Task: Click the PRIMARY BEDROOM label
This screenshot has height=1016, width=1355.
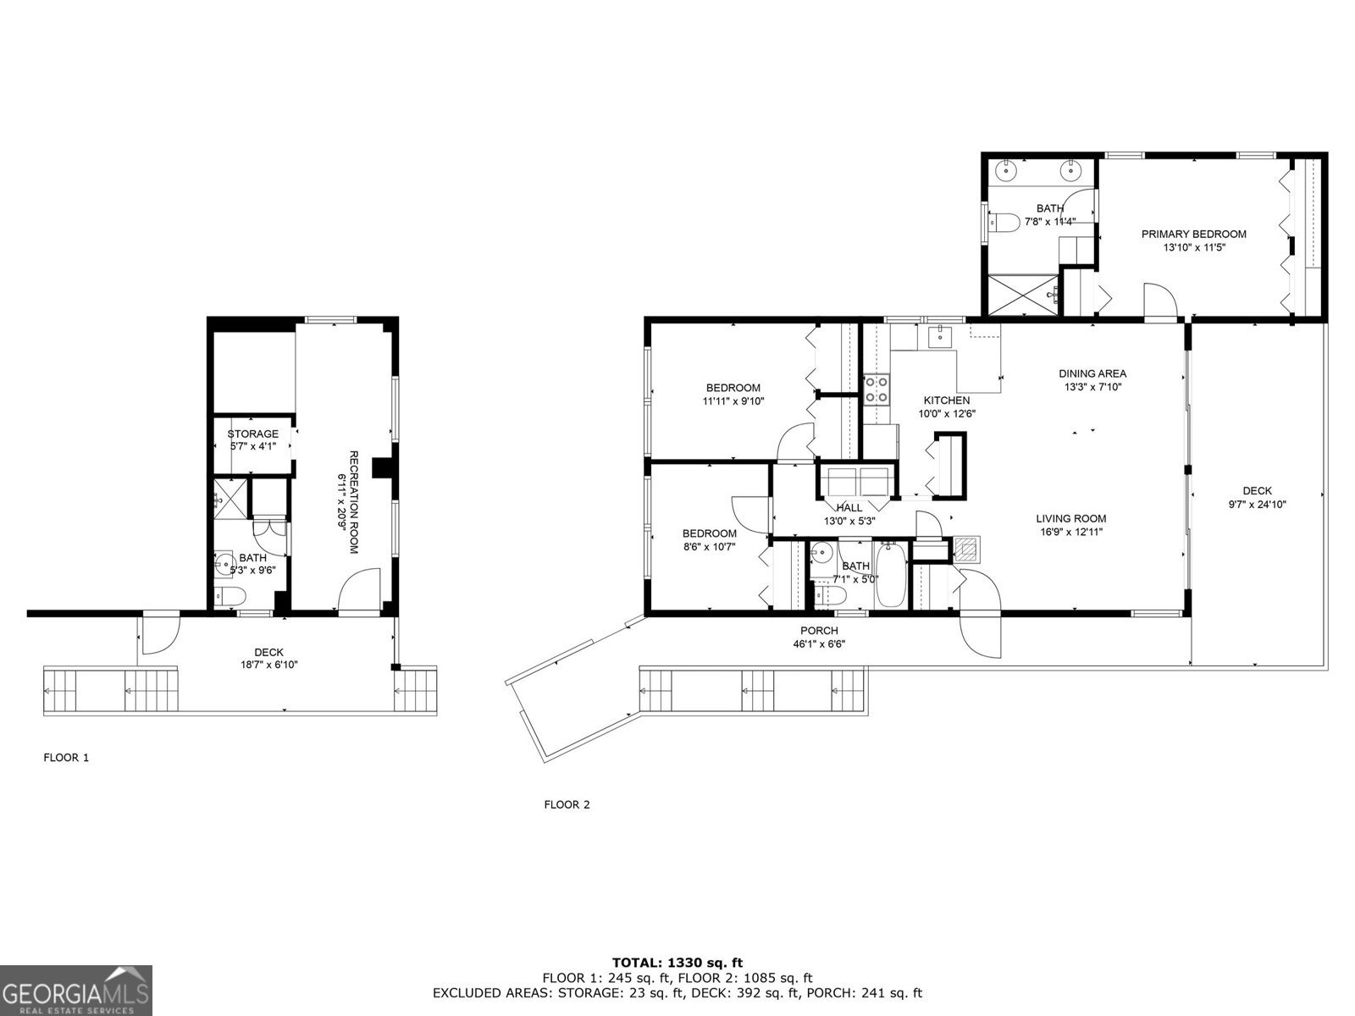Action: point(1193,235)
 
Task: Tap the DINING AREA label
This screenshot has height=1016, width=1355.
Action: point(1092,374)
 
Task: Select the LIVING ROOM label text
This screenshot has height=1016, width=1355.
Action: point(1071,519)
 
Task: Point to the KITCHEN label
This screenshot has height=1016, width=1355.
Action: point(946,400)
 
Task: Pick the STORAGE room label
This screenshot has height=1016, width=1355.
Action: point(252,433)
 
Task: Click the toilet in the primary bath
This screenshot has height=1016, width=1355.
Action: point(1004,222)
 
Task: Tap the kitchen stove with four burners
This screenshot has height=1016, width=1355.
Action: point(876,389)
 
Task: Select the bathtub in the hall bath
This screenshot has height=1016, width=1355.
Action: point(889,575)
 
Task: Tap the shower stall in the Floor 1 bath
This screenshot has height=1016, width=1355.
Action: point(230,499)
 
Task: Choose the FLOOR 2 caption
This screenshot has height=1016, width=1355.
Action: point(567,805)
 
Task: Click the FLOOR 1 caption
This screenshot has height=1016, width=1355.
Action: point(66,758)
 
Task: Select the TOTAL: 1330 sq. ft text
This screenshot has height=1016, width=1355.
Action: point(677,963)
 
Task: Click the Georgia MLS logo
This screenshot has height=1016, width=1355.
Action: point(76,990)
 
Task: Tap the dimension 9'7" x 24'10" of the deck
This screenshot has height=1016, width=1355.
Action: point(1257,504)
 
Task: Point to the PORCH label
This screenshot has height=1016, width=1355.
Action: point(819,631)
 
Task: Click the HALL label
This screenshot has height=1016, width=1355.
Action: point(849,508)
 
